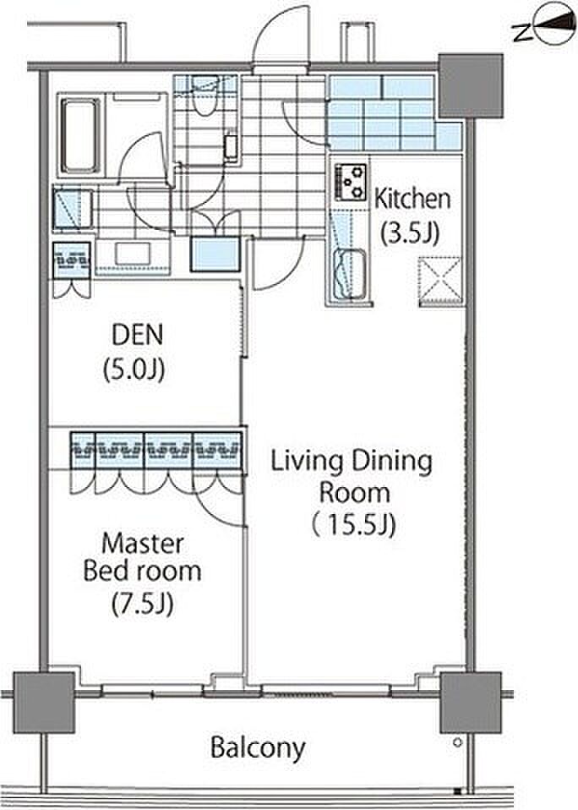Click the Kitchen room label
412,199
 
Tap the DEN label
137,335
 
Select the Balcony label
258,748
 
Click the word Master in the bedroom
143,544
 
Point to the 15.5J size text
354,525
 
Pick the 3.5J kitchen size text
410,233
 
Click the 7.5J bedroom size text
143,603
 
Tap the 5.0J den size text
134,369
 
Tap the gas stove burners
351,182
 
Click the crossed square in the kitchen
439,280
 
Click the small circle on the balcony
457,743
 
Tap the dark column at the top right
470,85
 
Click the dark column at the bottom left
44,702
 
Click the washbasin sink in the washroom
132,254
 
